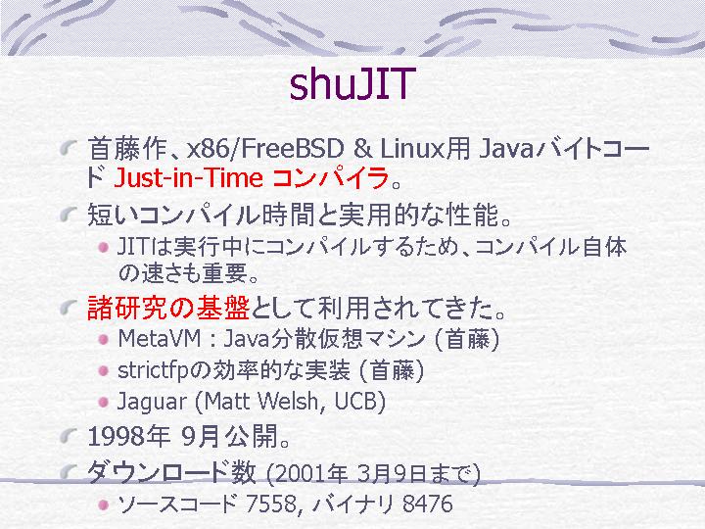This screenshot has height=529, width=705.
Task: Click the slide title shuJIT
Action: tap(352, 84)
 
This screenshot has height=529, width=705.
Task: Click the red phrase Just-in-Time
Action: tap(188, 177)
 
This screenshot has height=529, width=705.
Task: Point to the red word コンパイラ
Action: tap(331, 177)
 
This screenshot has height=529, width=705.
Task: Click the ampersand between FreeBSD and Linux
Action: tap(362, 149)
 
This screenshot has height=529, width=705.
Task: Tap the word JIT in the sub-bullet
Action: tap(132, 247)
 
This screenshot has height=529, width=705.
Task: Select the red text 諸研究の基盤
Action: tap(168, 309)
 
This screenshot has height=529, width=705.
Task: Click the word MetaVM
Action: tap(160, 339)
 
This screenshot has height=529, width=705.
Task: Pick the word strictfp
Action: tap(158, 370)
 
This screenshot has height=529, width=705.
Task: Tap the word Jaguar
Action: tap(152, 402)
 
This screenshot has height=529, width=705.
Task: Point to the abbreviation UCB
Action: tap(355, 402)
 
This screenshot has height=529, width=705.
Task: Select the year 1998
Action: tap(115, 436)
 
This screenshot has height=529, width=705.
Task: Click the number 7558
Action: tap(270, 504)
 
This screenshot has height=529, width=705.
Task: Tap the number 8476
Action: tap(428, 504)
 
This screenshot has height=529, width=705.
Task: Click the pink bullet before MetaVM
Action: tap(103, 339)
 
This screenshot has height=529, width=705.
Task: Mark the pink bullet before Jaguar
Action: tap(103, 402)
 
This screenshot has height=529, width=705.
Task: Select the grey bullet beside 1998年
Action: tap(68, 435)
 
